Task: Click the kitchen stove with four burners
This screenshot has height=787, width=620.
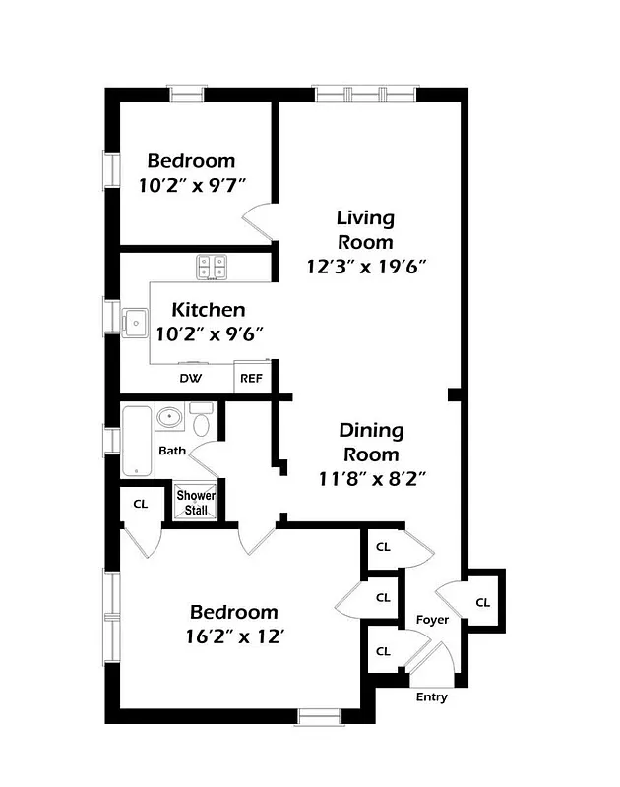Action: (x=212, y=267)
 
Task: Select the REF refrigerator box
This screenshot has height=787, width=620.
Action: (x=252, y=378)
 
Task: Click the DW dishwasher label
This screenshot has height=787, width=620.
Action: (x=191, y=378)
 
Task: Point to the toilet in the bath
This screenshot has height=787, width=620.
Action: (x=202, y=421)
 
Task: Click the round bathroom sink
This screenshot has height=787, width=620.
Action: (x=169, y=418)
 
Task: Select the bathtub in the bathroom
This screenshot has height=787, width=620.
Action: (x=137, y=442)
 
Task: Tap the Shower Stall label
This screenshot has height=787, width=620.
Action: (x=196, y=502)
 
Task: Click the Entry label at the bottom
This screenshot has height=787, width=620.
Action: (x=431, y=697)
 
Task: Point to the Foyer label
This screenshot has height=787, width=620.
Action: (x=432, y=620)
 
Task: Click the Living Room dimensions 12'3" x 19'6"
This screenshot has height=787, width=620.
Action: (x=366, y=266)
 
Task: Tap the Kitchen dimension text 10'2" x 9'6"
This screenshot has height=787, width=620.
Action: (x=209, y=333)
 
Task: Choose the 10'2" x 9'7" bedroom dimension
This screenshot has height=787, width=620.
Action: (x=191, y=183)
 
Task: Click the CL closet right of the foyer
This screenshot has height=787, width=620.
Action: (x=482, y=602)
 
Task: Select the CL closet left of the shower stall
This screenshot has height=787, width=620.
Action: (x=140, y=504)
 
